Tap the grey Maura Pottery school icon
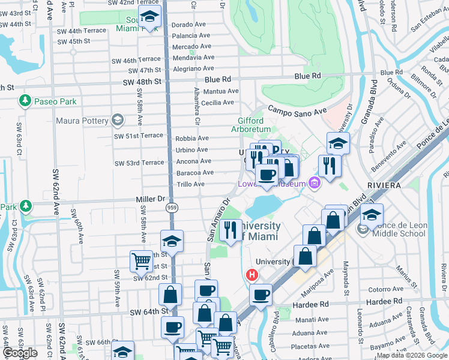point(117,121)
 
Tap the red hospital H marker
point(252,275)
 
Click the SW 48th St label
point(143,82)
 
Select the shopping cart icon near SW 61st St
point(141,261)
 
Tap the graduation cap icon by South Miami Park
point(149,17)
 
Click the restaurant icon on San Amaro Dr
point(231,229)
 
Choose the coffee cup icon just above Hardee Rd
point(261,295)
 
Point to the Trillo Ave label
point(191,184)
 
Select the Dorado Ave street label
point(190,25)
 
